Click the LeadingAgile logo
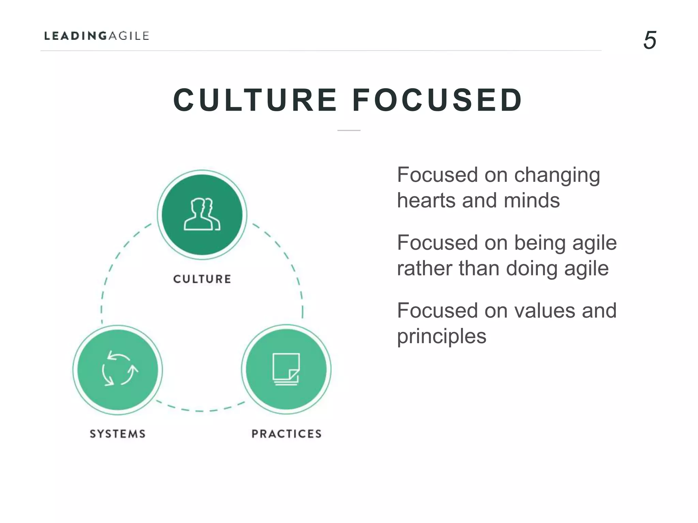(x=97, y=36)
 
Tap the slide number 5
(x=650, y=40)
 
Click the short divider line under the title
(x=349, y=130)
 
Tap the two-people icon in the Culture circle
(x=202, y=215)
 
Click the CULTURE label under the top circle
(x=202, y=279)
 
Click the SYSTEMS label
(x=118, y=434)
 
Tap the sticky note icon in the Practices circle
(x=286, y=369)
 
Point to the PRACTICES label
(x=287, y=434)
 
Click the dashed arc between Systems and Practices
(x=200, y=410)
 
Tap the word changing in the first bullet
(x=557, y=176)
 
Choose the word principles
(x=442, y=337)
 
